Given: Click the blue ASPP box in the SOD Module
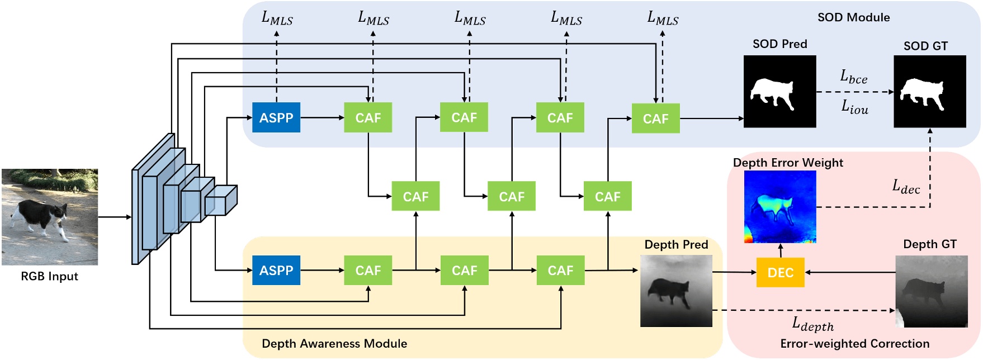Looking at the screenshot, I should click(276, 117).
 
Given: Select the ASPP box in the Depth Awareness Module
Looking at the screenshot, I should click(276, 271).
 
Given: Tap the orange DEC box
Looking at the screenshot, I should click(780, 272).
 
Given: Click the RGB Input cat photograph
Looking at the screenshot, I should click(49, 217).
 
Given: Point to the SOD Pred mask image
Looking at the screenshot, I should click(779, 91).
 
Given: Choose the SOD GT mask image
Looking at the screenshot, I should click(929, 91).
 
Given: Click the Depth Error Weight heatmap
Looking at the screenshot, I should click(780, 207).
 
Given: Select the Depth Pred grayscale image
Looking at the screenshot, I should click(676, 291).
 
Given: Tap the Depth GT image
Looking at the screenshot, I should click(931, 291).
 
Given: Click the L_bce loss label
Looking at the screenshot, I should click(853, 77).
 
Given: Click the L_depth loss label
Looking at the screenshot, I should click(812, 323).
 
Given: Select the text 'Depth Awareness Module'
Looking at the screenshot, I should click(334, 343).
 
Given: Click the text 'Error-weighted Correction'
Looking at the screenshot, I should click(854, 343).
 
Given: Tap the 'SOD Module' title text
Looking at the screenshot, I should click(853, 17).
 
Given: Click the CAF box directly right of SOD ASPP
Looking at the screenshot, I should click(368, 117).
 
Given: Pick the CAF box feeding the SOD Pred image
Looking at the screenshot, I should click(655, 119).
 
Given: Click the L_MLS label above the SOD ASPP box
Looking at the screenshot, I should click(277, 18).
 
